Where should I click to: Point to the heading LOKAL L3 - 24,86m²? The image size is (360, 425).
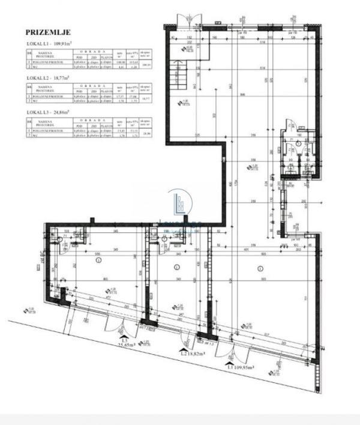(49, 111)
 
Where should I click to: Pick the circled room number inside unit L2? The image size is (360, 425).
(176, 267)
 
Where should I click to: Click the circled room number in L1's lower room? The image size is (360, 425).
(260, 268)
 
